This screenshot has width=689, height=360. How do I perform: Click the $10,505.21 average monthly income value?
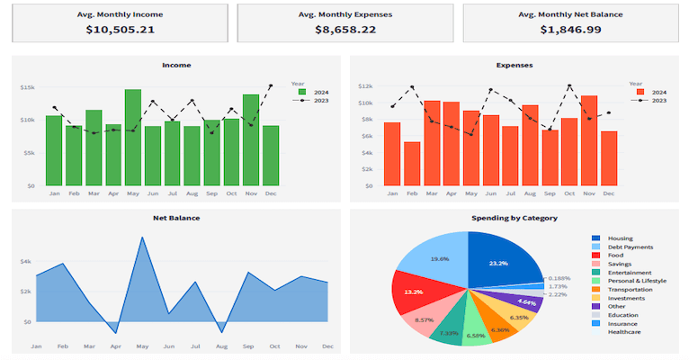[x=121, y=30]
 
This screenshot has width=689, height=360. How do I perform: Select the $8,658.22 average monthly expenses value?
[x=345, y=30]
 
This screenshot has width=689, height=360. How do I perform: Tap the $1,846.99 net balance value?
[x=570, y=30]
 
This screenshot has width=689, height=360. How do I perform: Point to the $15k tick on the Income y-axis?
[x=27, y=87]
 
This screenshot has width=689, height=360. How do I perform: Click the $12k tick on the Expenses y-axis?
[x=364, y=86]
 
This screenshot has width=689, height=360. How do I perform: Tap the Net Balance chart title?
[x=176, y=218]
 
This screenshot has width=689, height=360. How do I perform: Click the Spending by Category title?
[x=514, y=218]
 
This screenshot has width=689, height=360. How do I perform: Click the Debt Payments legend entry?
[x=630, y=247]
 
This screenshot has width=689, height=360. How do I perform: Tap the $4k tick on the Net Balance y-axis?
[x=25, y=261]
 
